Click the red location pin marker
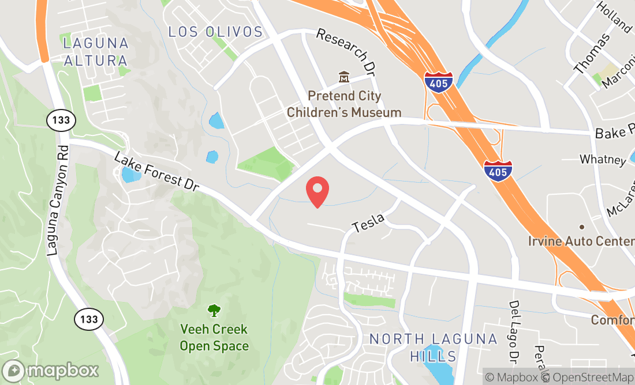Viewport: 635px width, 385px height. pyautogui.click(x=317, y=192)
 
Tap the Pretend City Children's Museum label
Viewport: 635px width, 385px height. pyautogui.click(x=344, y=104)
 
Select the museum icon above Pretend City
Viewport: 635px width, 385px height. pyautogui.click(x=344, y=77)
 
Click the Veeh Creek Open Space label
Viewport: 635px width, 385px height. pyautogui.click(x=214, y=338)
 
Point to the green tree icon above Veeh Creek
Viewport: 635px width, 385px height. pyautogui.click(x=214, y=311)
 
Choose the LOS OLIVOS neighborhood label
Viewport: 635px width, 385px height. pyautogui.click(x=215, y=32)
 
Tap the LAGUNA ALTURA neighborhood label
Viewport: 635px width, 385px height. pyautogui.click(x=95, y=51)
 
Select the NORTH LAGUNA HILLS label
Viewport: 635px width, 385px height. pyautogui.click(x=433, y=348)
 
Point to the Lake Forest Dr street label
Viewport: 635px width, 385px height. pyautogui.click(x=156, y=172)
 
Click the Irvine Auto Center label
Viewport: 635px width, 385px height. pyautogui.click(x=581, y=241)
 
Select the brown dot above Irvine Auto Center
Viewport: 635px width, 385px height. pyautogui.click(x=582, y=227)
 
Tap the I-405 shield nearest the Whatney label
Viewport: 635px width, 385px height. pyautogui.click(x=498, y=170)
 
